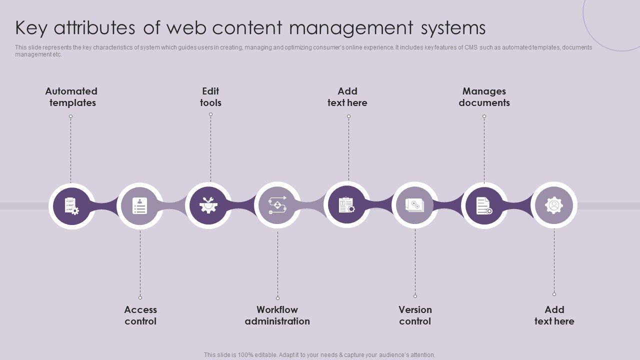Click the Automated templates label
pyautogui.click(x=71, y=97)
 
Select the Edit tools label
pyautogui.click(x=210, y=97)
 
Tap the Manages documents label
pyautogui.click(x=484, y=97)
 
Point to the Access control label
pyautogui.click(x=140, y=315)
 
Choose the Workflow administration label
pyautogui.click(x=277, y=315)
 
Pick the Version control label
pyautogui.click(x=415, y=315)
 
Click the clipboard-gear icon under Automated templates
pyautogui.click(x=71, y=206)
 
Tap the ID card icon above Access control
pyautogui.click(x=140, y=206)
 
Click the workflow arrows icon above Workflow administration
pyautogui.click(x=277, y=205)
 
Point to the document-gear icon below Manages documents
pyautogui.click(x=484, y=206)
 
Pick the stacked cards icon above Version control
pyautogui.click(x=415, y=205)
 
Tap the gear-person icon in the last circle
pyautogui.click(x=553, y=205)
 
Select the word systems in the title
pyautogui.click(x=453, y=28)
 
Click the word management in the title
pyautogui.click(x=351, y=28)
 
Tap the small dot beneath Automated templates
pyautogui.click(x=71, y=116)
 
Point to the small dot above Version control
pyautogui.click(x=415, y=296)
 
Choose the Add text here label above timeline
pyautogui.click(x=347, y=97)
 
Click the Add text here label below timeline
pyautogui.click(x=554, y=315)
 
